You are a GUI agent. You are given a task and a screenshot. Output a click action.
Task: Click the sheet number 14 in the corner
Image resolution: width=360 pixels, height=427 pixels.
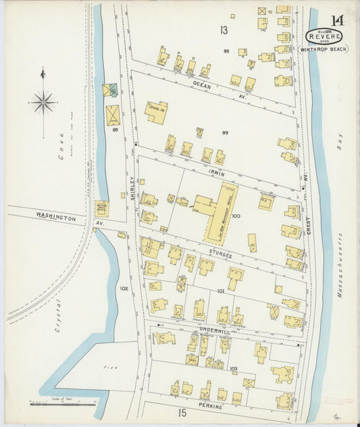click(336, 20)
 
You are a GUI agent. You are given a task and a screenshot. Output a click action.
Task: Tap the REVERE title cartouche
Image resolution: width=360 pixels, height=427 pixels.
click(324, 36)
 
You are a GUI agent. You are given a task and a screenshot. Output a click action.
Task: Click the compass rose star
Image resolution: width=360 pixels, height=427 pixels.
click(43, 103)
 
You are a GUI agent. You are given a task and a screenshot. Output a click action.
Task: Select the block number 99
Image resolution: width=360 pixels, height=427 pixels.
click(226, 133)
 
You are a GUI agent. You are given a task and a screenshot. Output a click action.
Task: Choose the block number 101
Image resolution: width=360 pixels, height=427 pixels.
click(220, 291)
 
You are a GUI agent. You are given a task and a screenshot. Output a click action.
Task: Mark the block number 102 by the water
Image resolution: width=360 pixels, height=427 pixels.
click(124, 288)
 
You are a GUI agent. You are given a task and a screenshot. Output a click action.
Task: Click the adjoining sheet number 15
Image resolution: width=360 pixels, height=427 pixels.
click(181, 412)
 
